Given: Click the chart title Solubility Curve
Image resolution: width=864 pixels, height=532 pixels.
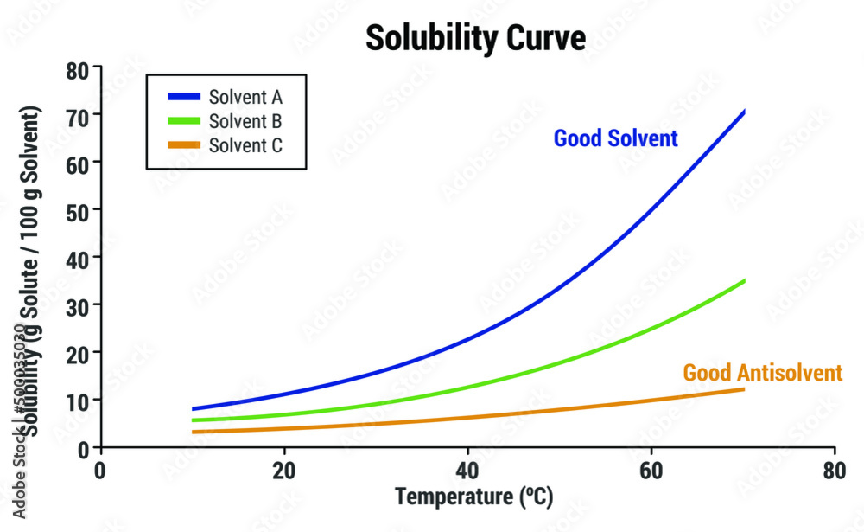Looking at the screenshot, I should pos(475,38).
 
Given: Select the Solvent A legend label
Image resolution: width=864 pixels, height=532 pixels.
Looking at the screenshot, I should pos(245,97).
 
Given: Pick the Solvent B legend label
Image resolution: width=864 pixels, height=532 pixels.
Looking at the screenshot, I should pos(245,121).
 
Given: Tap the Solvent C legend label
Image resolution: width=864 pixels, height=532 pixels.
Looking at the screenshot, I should pos(245,145).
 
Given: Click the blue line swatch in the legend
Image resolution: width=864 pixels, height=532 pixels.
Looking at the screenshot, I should pos(181,97).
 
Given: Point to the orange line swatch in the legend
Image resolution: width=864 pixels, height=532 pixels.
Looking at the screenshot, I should pos(181,145).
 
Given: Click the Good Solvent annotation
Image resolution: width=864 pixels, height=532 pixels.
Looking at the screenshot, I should pos(615,138).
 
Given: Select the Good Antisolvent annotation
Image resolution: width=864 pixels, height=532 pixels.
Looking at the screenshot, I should pos(762,373).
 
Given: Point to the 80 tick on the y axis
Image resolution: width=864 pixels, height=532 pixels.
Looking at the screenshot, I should pos(79,68).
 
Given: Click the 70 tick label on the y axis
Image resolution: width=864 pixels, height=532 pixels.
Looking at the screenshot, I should pos(79,115).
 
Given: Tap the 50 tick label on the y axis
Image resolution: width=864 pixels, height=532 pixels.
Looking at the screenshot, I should pos(79,210).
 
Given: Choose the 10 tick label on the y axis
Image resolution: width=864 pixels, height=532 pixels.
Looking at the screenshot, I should pos(79,401).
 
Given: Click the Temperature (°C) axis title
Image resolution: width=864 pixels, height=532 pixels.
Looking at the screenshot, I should pos(473,497).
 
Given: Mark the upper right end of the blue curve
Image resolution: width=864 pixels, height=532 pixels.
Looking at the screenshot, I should pos(743,112).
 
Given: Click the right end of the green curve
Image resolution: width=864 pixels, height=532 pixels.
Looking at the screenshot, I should pos(743,281).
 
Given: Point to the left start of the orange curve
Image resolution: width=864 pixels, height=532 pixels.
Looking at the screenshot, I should pos(194,431).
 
